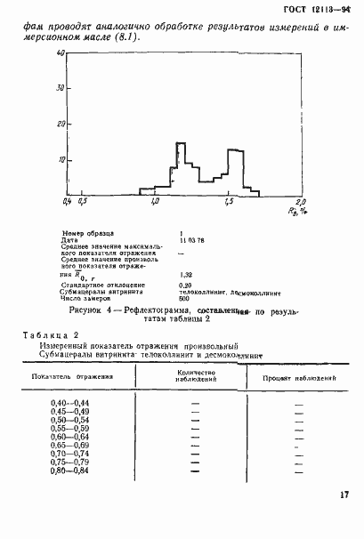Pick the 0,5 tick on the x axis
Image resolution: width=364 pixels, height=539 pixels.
coord(83,203)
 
